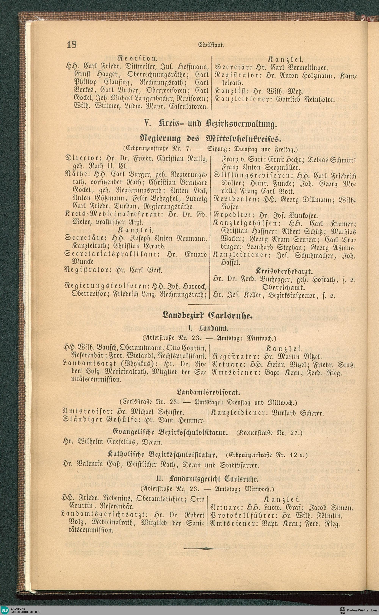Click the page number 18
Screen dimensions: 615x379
pyautogui.click(x=72, y=45)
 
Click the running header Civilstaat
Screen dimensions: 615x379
pyautogui.click(x=211, y=45)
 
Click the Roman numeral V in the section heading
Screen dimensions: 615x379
pyautogui.click(x=147, y=124)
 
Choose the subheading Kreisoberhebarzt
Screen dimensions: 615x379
pyautogui.click(x=284, y=271)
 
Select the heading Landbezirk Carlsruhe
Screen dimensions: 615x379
pyautogui.click(x=207, y=316)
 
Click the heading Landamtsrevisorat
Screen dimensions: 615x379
pyautogui.click(x=209, y=391)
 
